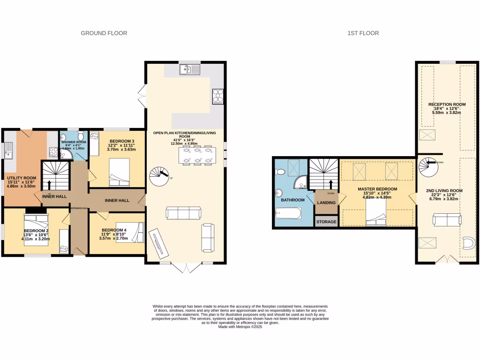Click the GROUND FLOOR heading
pos(104,33)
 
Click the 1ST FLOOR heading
pos(363,33)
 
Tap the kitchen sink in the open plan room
pos(189,70)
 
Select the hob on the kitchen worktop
pos(218,97)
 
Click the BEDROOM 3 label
pos(122,141)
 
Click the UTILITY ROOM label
pos(22,178)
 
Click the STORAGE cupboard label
pos(327,222)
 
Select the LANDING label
pos(327,202)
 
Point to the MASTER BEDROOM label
pos(377,189)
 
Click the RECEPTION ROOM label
pos(447,105)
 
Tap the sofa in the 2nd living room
pos(446,219)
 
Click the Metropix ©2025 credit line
pos(240,327)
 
